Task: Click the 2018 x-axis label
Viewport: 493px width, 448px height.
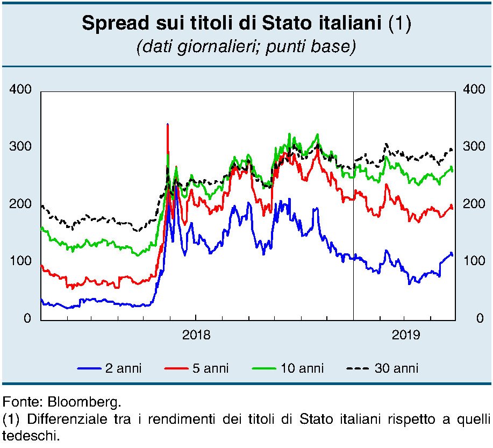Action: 196,336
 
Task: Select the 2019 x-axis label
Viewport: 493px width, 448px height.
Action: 406,336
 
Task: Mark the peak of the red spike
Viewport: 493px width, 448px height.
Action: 168,125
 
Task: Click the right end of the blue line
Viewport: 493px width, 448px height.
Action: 452,254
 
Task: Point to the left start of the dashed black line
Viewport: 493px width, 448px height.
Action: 42,205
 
